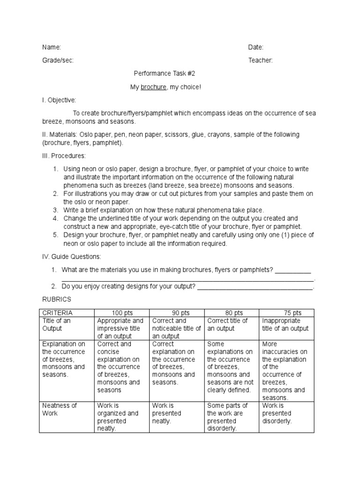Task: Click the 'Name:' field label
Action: tap(52, 47)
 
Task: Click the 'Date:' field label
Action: tap(255, 47)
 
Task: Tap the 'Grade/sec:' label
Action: tap(58, 60)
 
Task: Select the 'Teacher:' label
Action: tap(260, 60)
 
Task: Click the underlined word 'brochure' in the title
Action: tap(153, 87)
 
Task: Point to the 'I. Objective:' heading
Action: tap(59, 100)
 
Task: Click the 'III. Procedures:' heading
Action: tap(64, 156)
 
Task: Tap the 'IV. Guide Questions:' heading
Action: tap(71, 256)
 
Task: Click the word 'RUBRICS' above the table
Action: tap(57, 299)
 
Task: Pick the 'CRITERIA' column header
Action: tap(58, 313)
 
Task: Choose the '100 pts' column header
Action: tap(120, 313)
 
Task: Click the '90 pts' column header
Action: tap(176, 313)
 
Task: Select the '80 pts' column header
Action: tap(231, 313)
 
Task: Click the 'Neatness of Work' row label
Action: tap(59, 409)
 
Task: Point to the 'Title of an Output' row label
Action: tap(57, 324)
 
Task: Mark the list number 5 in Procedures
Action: tap(55, 235)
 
